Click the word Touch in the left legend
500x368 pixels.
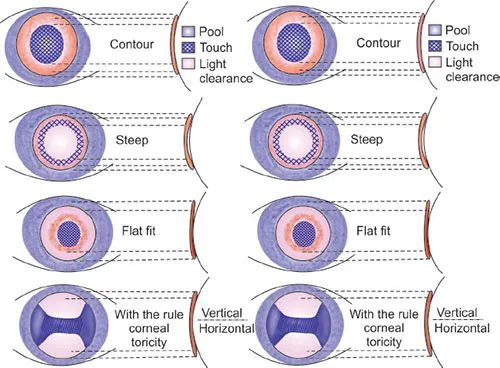tap(213, 47)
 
